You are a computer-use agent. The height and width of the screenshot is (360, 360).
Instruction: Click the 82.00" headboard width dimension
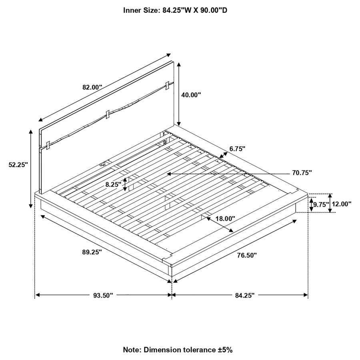[x=92, y=87]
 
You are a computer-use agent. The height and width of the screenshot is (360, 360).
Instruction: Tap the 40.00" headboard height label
[x=191, y=95]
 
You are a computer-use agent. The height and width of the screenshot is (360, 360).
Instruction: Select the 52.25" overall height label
[x=18, y=165]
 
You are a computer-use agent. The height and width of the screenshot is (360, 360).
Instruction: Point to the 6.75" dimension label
[x=237, y=149]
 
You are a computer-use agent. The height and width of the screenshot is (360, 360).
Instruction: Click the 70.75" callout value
[x=302, y=172]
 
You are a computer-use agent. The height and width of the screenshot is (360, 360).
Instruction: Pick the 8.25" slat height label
[x=113, y=184]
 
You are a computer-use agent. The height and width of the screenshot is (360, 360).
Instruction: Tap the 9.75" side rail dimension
[x=321, y=204]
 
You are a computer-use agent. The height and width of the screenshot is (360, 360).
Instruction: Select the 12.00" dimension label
[x=342, y=204]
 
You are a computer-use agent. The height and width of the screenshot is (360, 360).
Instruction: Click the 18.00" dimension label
[x=226, y=218]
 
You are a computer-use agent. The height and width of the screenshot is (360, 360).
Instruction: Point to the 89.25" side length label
[x=92, y=252]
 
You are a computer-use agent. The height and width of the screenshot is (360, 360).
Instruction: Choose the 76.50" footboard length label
[x=247, y=255]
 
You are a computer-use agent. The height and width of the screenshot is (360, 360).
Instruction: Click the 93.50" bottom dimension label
[x=103, y=295]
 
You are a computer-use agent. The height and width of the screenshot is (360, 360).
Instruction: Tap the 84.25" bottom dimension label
[x=245, y=295]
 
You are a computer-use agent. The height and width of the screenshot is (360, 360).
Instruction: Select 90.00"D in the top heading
[x=214, y=10]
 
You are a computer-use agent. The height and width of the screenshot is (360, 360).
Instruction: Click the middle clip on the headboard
[x=107, y=114]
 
